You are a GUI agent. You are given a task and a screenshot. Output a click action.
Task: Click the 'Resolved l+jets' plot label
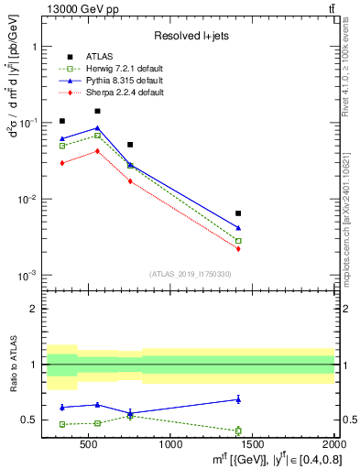[190, 37]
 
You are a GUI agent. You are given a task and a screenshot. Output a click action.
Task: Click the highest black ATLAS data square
[97, 111]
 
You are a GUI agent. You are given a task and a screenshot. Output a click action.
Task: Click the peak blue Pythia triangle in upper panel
[97, 128]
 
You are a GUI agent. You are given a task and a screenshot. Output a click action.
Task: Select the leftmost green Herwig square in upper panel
[62, 146]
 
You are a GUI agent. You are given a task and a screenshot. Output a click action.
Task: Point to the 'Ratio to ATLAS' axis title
[14, 365]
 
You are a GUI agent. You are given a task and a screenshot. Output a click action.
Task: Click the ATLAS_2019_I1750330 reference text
[190, 274]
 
